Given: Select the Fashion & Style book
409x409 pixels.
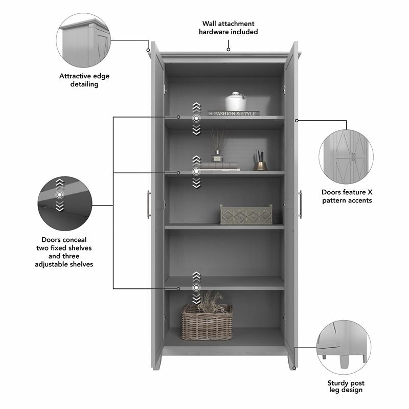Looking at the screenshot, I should coord(234,113).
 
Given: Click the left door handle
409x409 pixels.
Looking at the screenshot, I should coord(149,204).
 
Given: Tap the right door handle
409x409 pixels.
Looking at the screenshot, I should coord(300,204).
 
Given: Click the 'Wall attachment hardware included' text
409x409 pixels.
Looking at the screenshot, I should coord(228,28).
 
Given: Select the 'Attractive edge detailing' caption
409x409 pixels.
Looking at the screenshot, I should coord(84,80).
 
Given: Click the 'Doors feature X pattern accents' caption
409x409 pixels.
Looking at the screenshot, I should coord(347,196).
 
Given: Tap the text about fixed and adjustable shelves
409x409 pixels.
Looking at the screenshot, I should coord(64,252).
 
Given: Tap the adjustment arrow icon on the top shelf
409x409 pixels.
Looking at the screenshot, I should coord(196,119).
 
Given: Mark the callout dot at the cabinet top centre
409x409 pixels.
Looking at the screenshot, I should coord(228,50).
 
